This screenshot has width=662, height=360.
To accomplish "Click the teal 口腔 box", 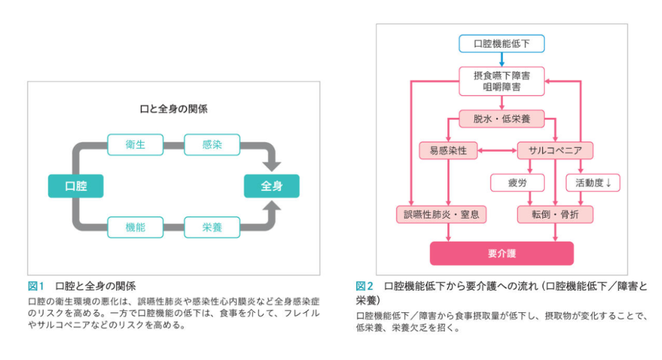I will pyautogui.click(x=76, y=186).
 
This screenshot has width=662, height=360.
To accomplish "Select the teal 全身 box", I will pyautogui.click(x=272, y=186).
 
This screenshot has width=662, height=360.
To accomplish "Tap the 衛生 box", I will pyautogui.click(x=135, y=145).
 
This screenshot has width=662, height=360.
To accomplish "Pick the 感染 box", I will pyautogui.click(x=212, y=145).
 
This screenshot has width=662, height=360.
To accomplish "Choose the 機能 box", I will pyautogui.click(x=135, y=228).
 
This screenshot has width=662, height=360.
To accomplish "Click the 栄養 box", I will pyautogui.click(x=212, y=228).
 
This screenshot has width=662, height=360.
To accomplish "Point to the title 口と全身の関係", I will pyautogui.click(x=174, y=109).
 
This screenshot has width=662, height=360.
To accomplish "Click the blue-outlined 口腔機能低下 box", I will pyautogui.click(x=501, y=43).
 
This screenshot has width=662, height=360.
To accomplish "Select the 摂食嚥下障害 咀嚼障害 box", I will pyautogui.click(x=501, y=81).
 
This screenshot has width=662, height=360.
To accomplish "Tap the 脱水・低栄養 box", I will pyautogui.click(x=501, y=120).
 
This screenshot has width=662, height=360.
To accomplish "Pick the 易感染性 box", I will pyautogui.click(x=448, y=151).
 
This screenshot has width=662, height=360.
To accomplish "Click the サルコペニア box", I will pyautogui.click(x=555, y=151).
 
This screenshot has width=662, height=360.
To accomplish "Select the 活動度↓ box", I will pyautogui.click(x=593, y=183).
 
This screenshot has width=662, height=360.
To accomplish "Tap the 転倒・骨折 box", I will pyautogui.click(x=555, y=215).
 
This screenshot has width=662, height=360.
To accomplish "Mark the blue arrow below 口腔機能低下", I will pyautogui.click(x=501, y=59).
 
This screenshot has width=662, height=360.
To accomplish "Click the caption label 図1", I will pyautogui.click(x=36, y=285).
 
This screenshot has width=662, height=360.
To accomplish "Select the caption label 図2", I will pyautogui.click(x=364, y=285).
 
